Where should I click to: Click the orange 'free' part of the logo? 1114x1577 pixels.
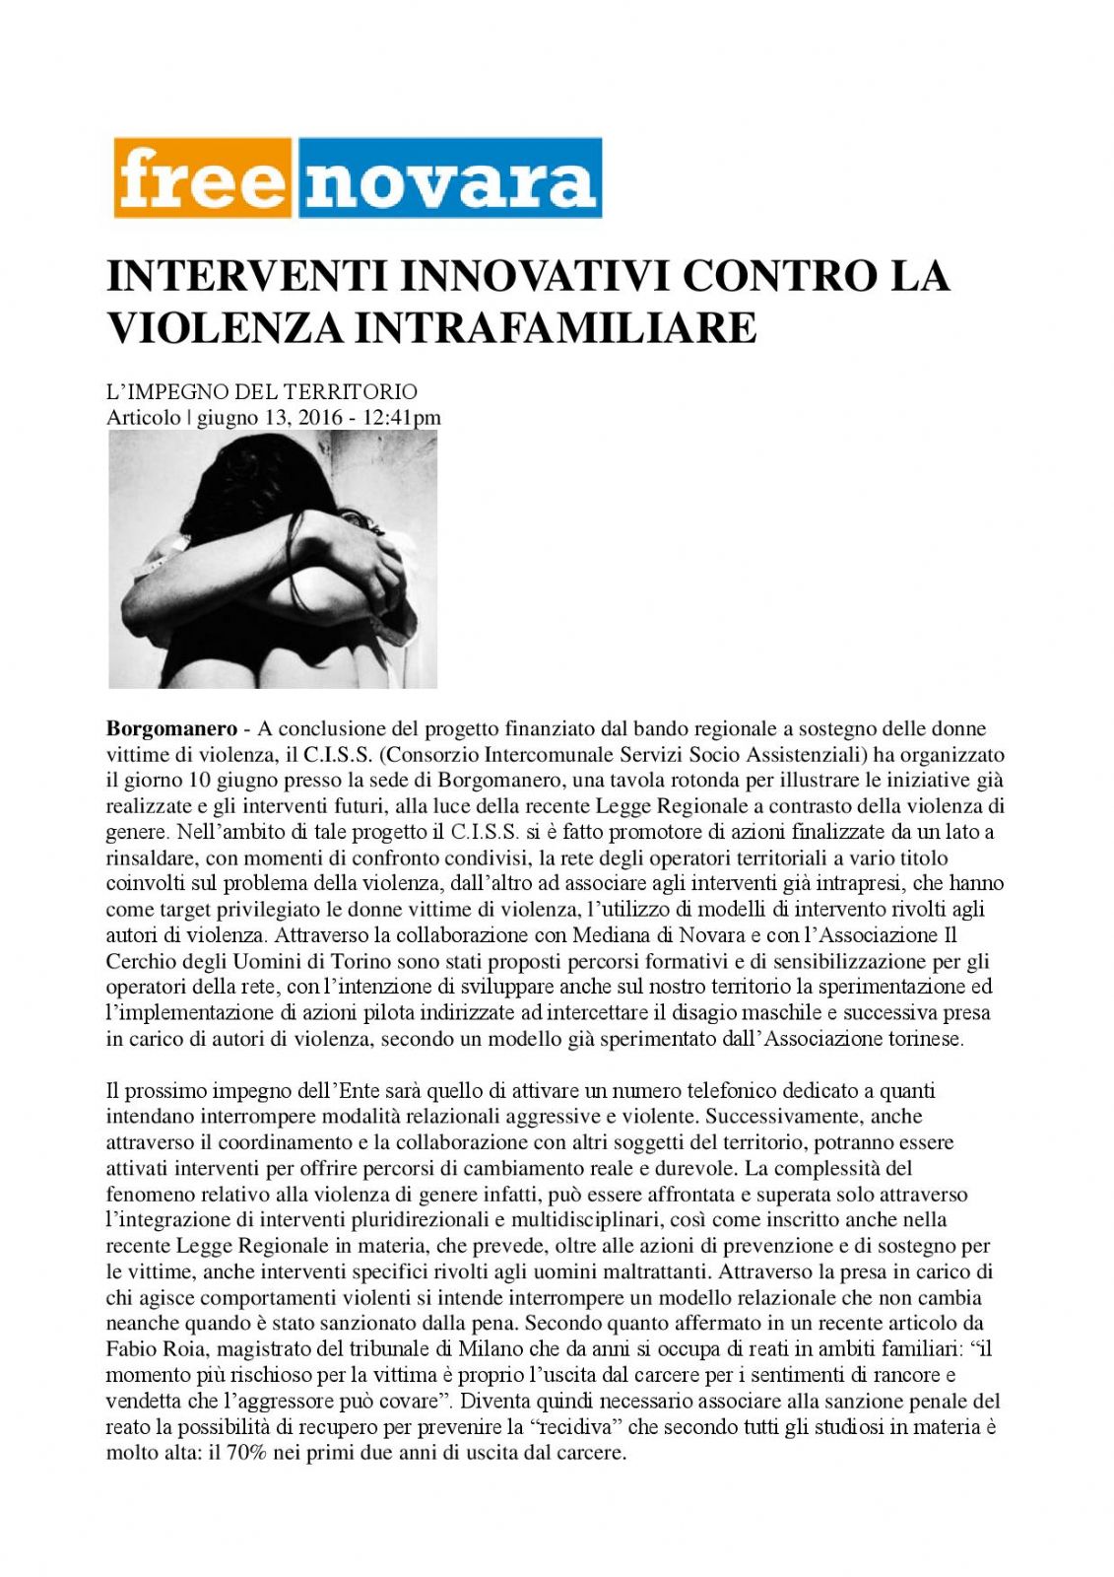(202, 178)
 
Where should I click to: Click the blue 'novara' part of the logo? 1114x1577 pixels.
(449, 178)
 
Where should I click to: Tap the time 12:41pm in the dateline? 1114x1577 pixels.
(402, 418)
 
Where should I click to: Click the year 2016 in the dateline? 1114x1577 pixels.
(319, 418)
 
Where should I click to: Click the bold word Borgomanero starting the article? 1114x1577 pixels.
(171, 729)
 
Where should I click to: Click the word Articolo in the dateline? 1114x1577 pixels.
(144, 418)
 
